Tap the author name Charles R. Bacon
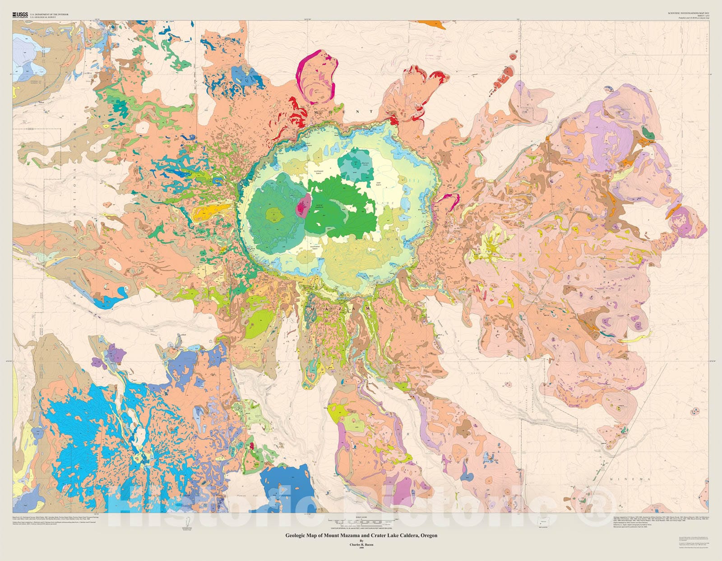click(361, 544)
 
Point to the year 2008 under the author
click(361, 548)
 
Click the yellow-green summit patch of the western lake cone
click(273, 214)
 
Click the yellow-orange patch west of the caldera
click(206, 212)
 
